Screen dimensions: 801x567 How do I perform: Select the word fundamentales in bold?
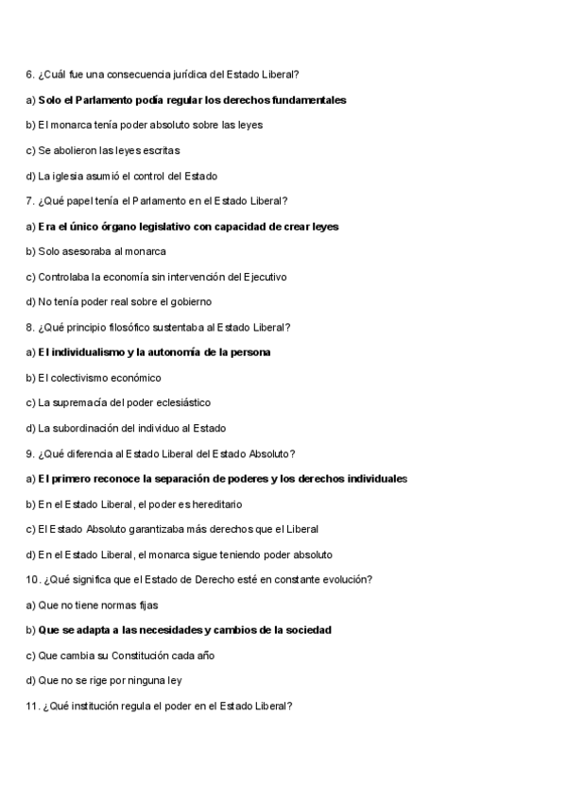(308, 99)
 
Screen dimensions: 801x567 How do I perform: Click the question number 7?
(29, 200)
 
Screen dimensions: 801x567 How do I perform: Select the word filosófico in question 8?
(135, 327)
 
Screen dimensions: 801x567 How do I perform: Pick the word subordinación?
(85, 428)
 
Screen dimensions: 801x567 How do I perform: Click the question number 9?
(29, 453)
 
